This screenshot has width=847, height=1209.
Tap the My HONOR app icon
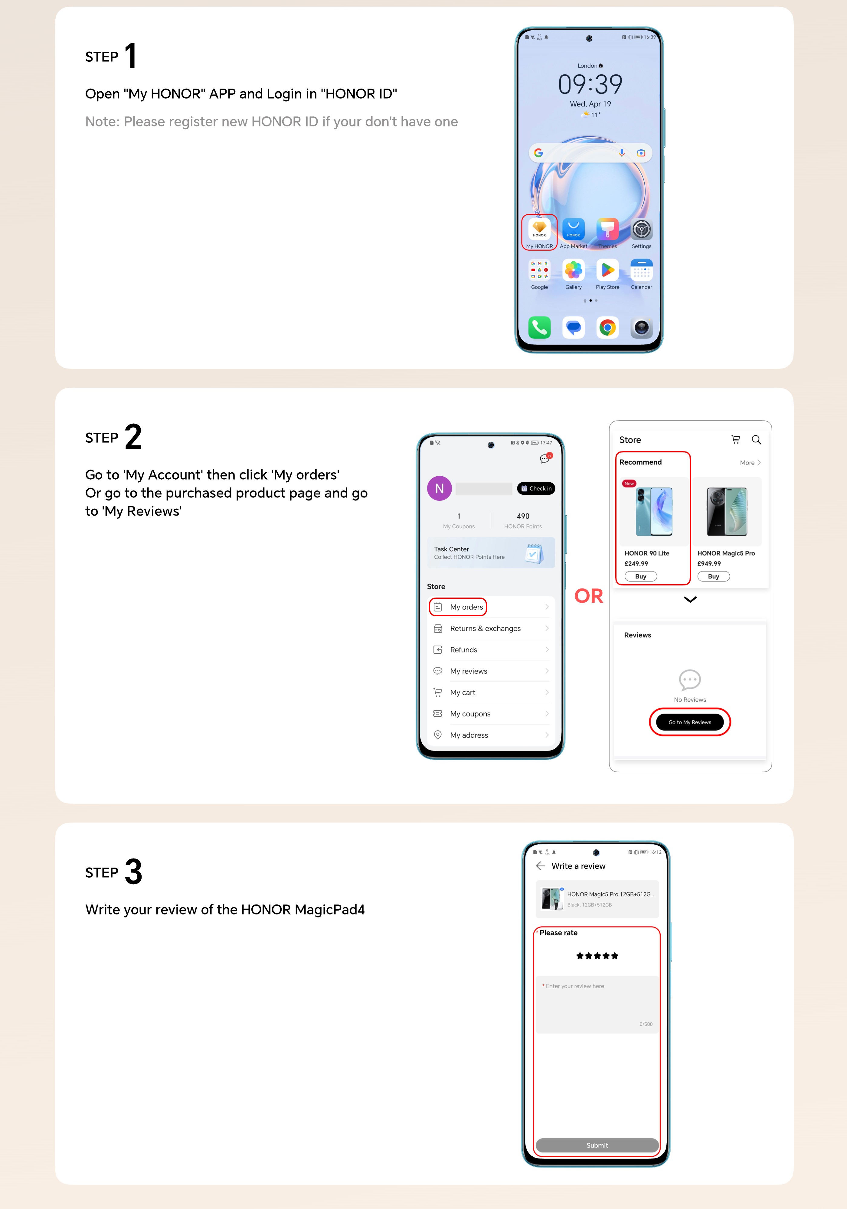point(539,229)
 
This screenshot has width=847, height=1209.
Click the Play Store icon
point(607,270)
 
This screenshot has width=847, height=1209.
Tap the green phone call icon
point(539,328)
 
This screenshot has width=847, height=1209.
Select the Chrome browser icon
point(607,328)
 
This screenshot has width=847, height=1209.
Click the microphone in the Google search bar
point(622,153)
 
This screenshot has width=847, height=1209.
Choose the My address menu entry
point(469,735)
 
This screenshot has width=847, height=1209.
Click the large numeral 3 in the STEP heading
point(133,872)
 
